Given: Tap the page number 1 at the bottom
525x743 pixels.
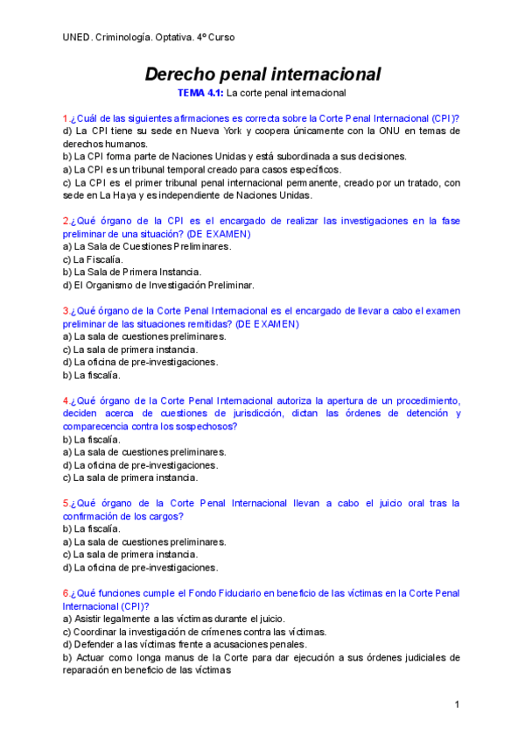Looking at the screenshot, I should coord(457,705).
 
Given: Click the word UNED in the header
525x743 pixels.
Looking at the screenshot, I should coord(76,38).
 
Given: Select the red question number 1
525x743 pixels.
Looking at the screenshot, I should coord(66,118).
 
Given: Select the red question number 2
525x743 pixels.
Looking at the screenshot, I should coord(66,221).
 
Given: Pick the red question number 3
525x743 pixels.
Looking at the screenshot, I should coord(66,311).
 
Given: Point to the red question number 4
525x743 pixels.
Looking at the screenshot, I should coord(66,400).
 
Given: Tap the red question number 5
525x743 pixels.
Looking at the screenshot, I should coord(66,504).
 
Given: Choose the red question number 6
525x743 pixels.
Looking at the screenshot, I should coord(66,593).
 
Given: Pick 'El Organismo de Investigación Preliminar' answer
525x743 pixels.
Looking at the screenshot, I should coord(163,285).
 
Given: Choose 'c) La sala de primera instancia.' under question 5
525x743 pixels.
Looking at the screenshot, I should coord(129,555).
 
